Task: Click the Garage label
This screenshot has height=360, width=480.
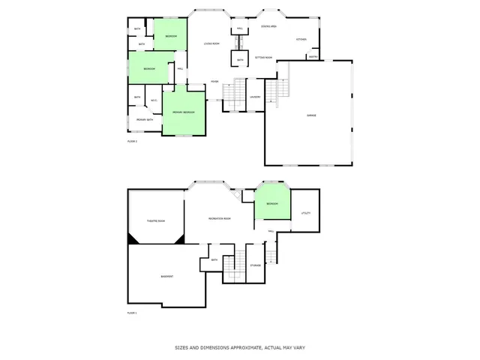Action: coord(310,115)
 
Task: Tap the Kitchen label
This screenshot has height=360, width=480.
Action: coord(301,40)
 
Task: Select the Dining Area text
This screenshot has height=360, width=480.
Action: coord(269,27)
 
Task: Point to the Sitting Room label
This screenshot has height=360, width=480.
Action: coord(263,57)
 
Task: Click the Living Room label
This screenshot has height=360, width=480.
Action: coord(211,43)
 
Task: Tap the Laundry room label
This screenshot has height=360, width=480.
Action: coord(255,97)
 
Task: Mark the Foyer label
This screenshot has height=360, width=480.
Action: coord(214,82)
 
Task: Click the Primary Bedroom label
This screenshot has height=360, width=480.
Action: coord(184,112)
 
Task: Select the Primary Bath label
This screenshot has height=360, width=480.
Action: coord(145,120)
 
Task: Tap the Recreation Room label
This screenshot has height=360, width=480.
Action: coord(219,218)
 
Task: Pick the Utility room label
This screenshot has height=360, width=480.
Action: coord(305,214)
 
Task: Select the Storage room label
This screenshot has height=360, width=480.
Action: coord(256,265)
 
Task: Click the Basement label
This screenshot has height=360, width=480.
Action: coord(167,277)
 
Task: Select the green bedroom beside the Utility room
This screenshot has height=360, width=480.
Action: coord(271,203)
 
